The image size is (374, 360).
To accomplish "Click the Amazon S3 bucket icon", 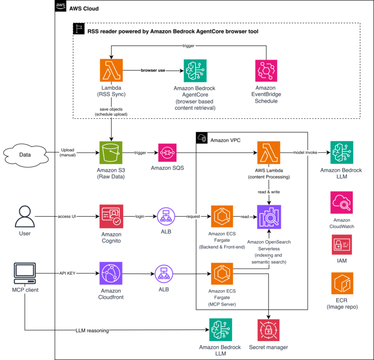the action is coord(111,153).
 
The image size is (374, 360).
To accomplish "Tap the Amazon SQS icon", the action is coord(167,153).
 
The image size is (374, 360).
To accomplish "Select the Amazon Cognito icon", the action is coord(111,216).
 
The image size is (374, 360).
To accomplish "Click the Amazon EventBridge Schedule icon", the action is coord(266,71).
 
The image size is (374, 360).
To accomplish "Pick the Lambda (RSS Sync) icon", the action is coord(111,70).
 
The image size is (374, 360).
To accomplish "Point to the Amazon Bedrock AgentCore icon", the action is coord(195,71).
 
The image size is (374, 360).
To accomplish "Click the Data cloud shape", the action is coord(25,155).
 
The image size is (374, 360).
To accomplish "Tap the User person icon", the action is coord(25,216).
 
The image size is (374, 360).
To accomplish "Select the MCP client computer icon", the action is coord(25,273).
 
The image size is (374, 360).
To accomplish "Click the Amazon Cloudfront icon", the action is coord(111,273).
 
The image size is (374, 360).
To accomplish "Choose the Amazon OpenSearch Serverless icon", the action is coord(269,217).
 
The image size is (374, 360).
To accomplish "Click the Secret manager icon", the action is coord(268,330).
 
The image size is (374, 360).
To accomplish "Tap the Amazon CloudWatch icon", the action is coord(341,202).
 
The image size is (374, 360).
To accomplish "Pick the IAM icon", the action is coord(342,245).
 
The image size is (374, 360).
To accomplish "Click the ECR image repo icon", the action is coord(342,283).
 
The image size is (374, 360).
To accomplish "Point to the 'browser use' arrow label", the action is coord(153,70).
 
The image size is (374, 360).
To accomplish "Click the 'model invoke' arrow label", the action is coord(305,152).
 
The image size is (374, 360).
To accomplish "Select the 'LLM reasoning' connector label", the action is coord(92,330).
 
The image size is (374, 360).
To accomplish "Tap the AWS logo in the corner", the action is coord(61,6).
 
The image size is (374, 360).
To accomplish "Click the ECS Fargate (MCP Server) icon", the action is coord(222,274).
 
